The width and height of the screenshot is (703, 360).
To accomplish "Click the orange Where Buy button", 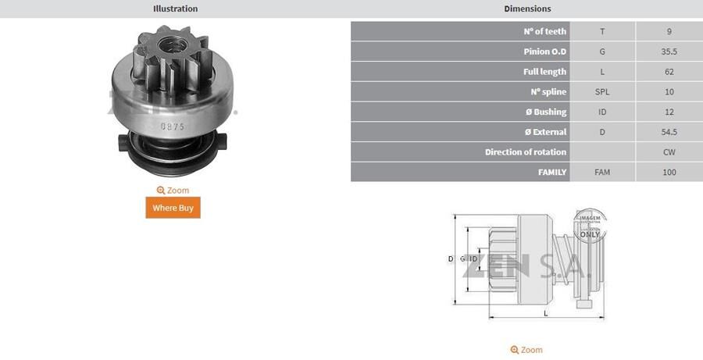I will (x=173, y=208).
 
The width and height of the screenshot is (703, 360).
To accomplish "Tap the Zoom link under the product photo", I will (x=173, y=191).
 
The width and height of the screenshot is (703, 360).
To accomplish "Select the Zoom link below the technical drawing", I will (x=526, y=350).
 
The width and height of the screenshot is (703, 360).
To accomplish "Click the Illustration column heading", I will (x=175, y=9).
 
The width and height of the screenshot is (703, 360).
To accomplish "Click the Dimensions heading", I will (x=527, y=9).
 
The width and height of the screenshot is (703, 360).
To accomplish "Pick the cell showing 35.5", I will (x=669, y=52).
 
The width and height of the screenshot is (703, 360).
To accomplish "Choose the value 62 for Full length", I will (x=669, y=72).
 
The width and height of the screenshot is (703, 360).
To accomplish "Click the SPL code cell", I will (x=602, y=92).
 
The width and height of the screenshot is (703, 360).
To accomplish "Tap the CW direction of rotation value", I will (x=669, y=152).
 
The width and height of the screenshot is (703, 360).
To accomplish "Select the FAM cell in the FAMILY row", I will (x=602, y=173).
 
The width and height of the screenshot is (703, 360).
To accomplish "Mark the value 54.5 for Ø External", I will (x=669, y=132).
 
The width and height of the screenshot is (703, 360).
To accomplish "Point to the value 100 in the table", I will (x=669, y=173).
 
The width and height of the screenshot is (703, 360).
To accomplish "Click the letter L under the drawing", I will (x=545, y=312).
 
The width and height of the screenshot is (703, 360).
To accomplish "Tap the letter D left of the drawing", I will (x=451, y=258).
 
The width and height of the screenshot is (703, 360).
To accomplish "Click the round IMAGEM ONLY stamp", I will (x=590, y=225).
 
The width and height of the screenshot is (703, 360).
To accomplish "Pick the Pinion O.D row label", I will (x=544, y=52).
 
